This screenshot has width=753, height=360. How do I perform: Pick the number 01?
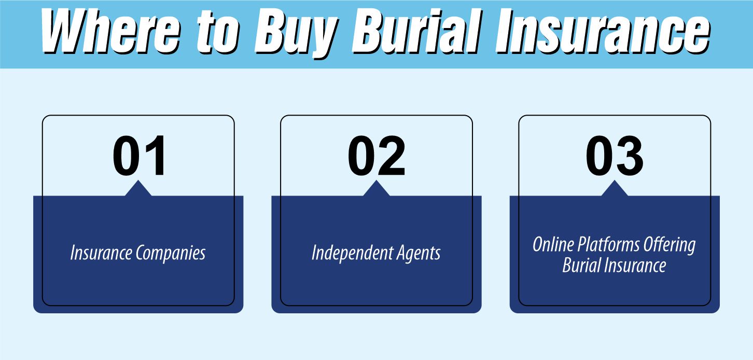pos(140,157)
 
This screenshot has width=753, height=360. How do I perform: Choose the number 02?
pos(376,157)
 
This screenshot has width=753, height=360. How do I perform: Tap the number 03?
pos(615,157)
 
